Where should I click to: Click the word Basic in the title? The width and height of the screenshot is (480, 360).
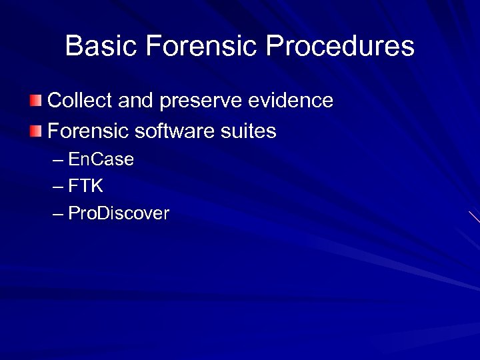pos(101,47)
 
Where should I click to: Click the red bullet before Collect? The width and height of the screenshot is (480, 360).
pos(36,101)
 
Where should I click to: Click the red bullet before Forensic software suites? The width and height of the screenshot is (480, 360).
pos(36,131)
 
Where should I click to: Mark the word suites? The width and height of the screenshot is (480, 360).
pos(249,131)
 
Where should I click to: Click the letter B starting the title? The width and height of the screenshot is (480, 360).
pos(74,47)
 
